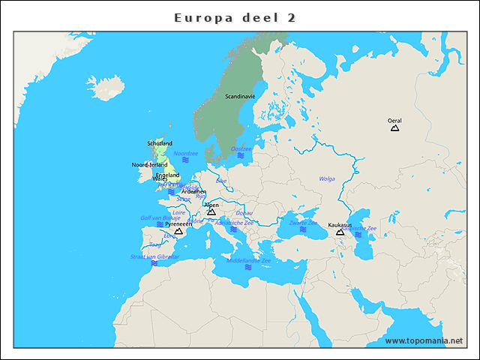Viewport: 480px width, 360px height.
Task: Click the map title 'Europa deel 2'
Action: (235, 17)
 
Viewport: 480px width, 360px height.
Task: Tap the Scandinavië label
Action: (240, 96)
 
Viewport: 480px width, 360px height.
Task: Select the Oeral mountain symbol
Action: (394, 128)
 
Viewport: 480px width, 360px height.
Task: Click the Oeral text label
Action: (394, 120)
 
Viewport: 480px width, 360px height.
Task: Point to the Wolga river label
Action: (327, 178)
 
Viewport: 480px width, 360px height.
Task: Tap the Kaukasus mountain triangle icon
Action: (340, 232)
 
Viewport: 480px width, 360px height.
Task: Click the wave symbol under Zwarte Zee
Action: (303, 229)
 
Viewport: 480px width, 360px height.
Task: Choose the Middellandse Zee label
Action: (248, 260)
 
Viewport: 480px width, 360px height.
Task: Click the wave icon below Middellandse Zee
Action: (247, 267)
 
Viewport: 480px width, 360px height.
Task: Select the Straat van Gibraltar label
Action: (154, 256)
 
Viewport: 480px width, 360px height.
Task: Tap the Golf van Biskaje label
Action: (160, 217)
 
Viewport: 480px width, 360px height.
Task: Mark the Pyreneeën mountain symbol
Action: (178, 232)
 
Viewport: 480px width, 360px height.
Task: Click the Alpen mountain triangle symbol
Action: (211, 212)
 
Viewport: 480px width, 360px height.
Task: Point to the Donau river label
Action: (244, 213)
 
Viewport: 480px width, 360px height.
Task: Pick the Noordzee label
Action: (185, 152)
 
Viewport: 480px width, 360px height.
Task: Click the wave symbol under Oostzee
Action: (241, 156)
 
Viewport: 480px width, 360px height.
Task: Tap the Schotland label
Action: (160, 143)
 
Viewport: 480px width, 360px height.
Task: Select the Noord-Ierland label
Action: (149, 164)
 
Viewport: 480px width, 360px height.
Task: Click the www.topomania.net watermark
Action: (424, 340)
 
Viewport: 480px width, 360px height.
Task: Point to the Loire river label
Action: (178, 212)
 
